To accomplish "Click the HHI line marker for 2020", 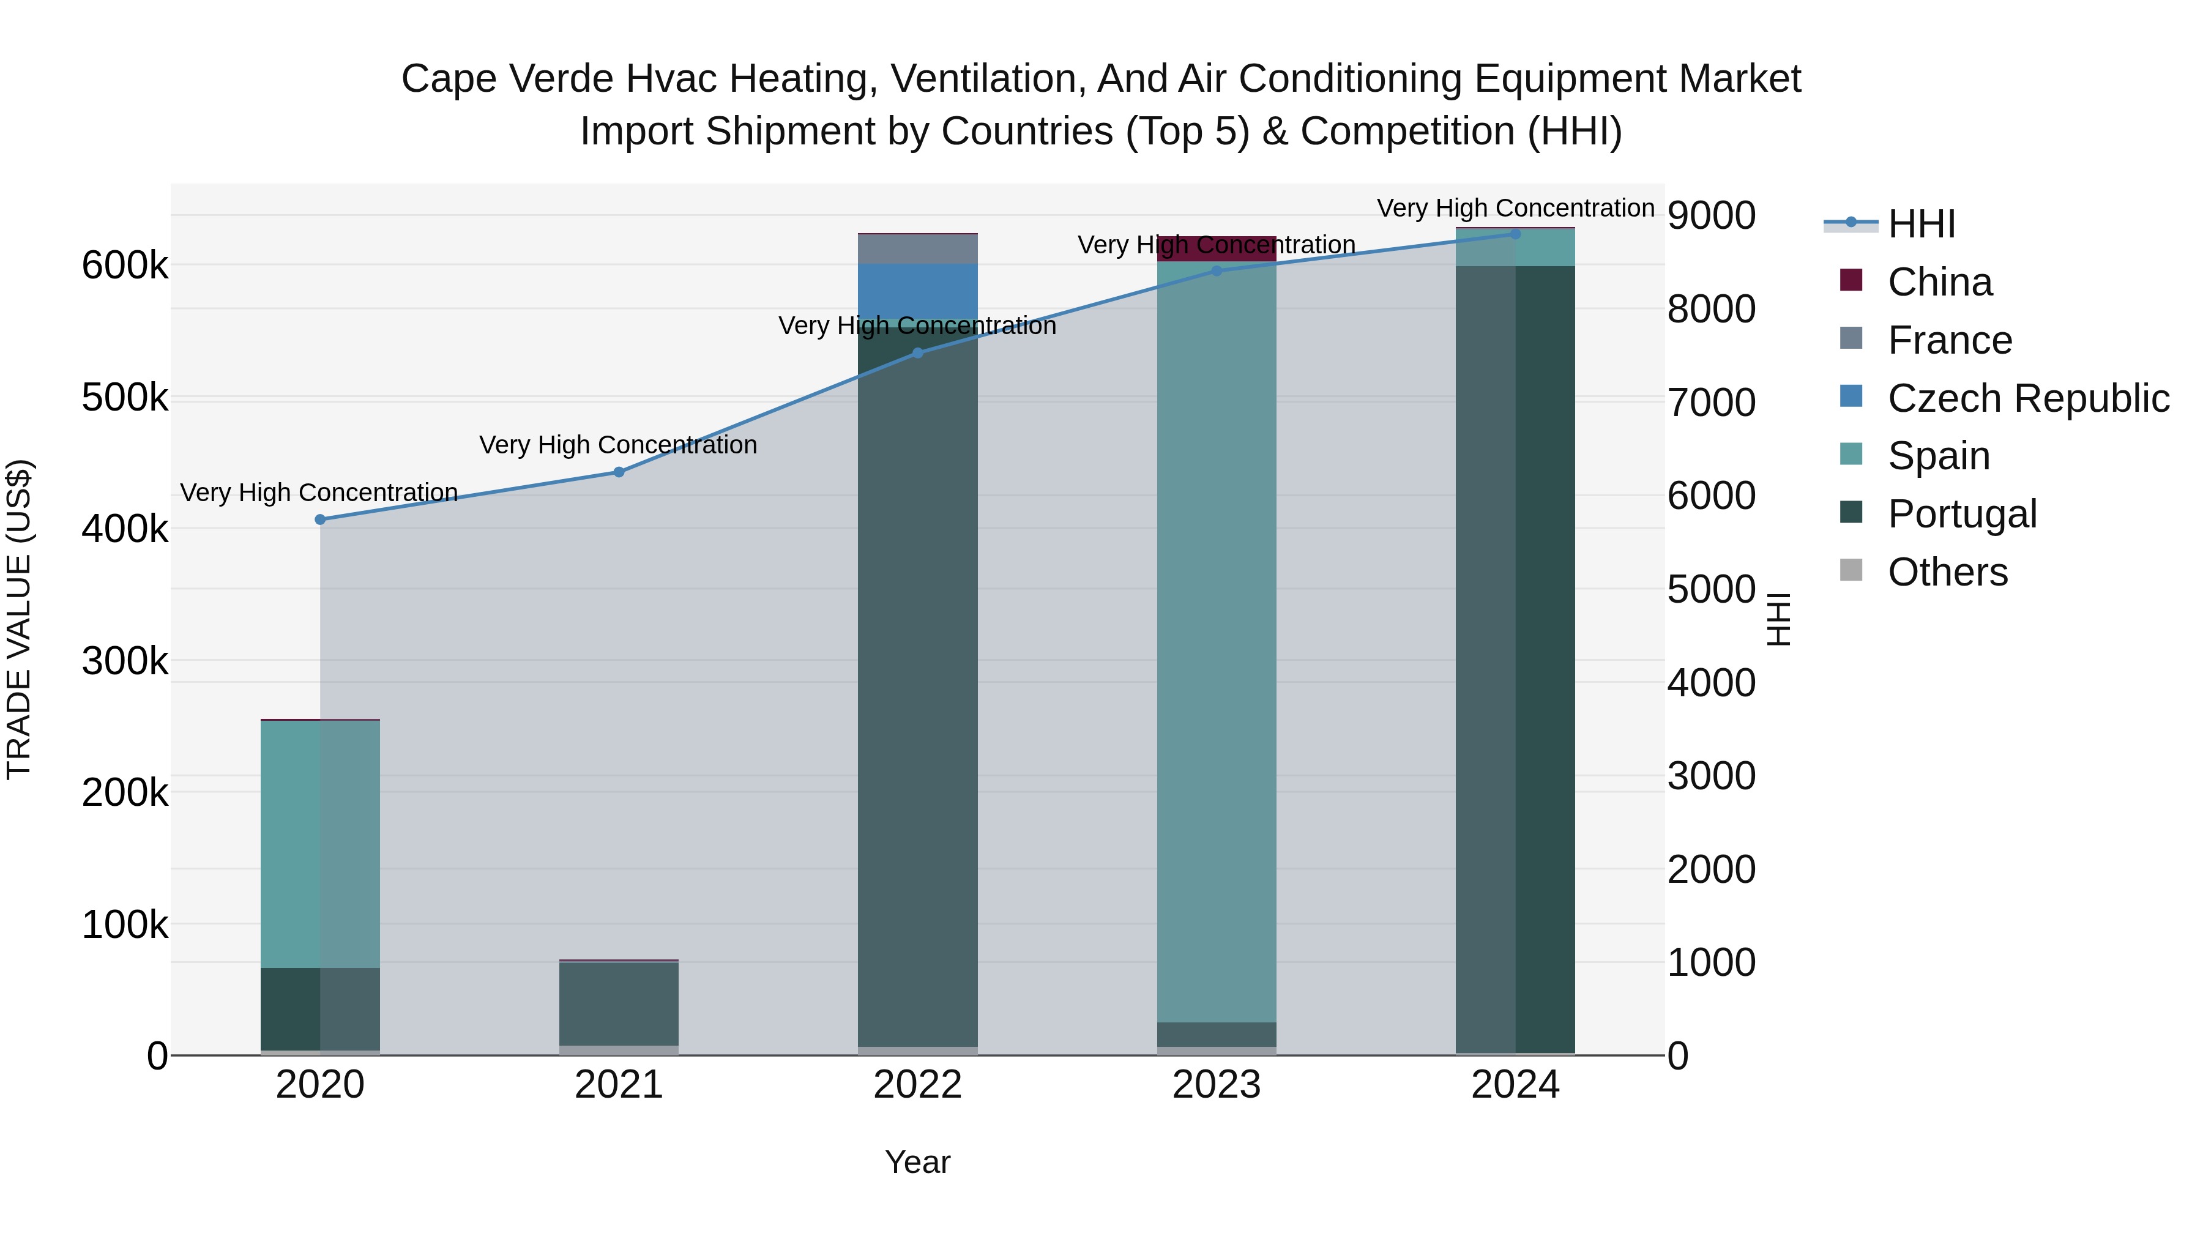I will tap(320, 519).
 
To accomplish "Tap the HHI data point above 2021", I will tap(619, 472).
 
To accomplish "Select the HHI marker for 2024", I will tap(1515, 234).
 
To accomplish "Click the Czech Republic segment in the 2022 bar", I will tap(918, 291).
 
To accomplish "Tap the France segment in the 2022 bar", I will tap(918, 249).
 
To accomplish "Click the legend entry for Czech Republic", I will tap(2027, 398).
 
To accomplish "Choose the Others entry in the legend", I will tap(1947, 572).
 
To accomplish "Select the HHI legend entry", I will tap(1921, 224).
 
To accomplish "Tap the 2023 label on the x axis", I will tap(1216, 1085).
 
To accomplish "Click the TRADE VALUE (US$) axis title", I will tap(19, 619).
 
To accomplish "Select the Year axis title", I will tap(918, 1162).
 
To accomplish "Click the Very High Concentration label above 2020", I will tap(319, 493).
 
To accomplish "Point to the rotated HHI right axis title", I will tap(1779, 619).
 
